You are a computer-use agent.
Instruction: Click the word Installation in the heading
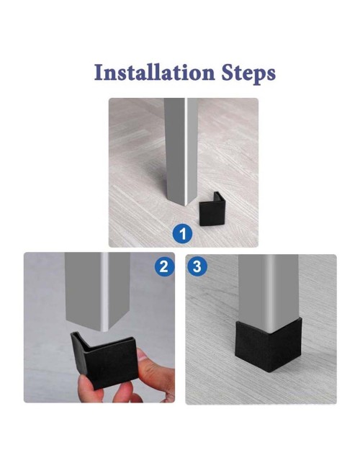click(155, 73)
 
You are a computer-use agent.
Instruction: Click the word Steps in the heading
click(248, 74)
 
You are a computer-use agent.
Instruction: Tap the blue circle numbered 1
click(183, 233)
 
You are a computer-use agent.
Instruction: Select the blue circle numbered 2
click(164, 266)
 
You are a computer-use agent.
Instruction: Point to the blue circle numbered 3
click(197, 266)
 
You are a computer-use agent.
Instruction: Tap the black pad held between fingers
click(104, 358)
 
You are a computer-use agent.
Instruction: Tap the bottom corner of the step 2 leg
click(104, 330)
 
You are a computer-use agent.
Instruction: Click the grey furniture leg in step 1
click(181, 150)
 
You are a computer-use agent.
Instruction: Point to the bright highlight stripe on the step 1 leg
click(186, 150)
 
